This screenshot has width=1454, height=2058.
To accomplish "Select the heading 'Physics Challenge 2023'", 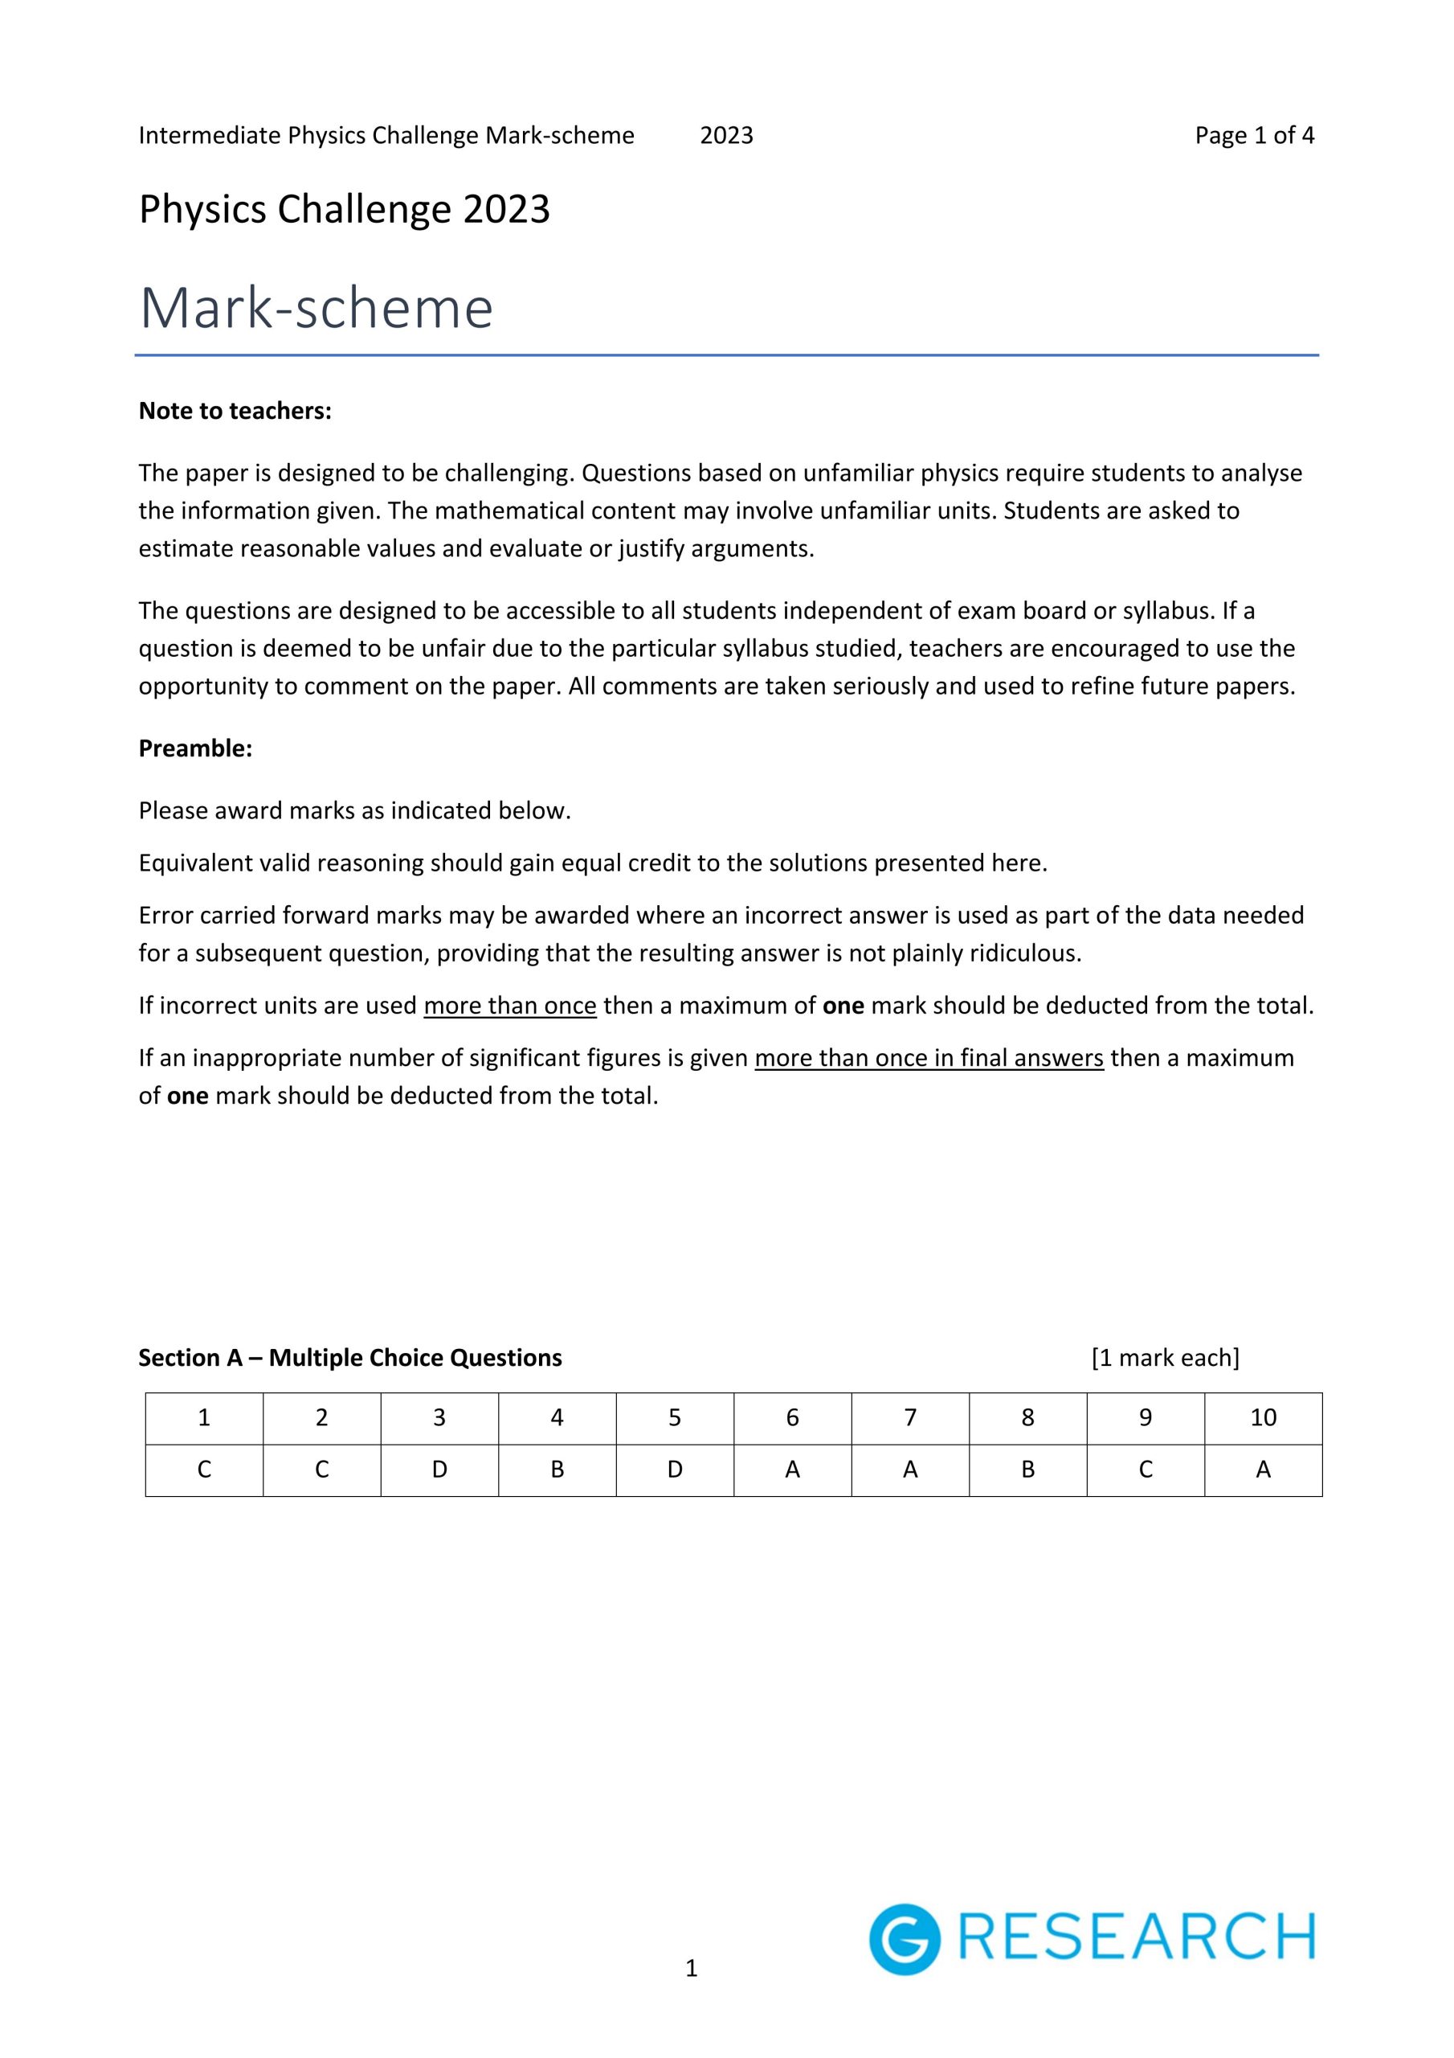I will [x=344, y=210].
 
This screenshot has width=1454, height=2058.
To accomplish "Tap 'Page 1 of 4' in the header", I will [x=1253, y=135].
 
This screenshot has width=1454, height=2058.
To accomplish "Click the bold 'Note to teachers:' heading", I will [x=235, y=411].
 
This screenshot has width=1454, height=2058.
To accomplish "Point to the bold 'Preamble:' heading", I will [x=195, y=748].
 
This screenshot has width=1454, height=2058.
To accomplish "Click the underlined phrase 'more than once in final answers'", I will [x=928, y=1058].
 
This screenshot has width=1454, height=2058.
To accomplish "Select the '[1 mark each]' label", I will [x=1165, y=1357].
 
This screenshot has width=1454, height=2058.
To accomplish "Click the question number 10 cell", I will [x=1262, y=1417].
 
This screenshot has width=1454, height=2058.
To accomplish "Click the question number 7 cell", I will [x=909, y=1417].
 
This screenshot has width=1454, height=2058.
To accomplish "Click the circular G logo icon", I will [x=904, y=1939].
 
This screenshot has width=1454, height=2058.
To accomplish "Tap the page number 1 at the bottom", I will [x=691, y=1969].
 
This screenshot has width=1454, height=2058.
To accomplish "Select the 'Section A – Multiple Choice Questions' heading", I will [x=349, y=1357].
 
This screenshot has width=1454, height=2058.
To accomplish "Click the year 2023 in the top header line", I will [x=725, y=135].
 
